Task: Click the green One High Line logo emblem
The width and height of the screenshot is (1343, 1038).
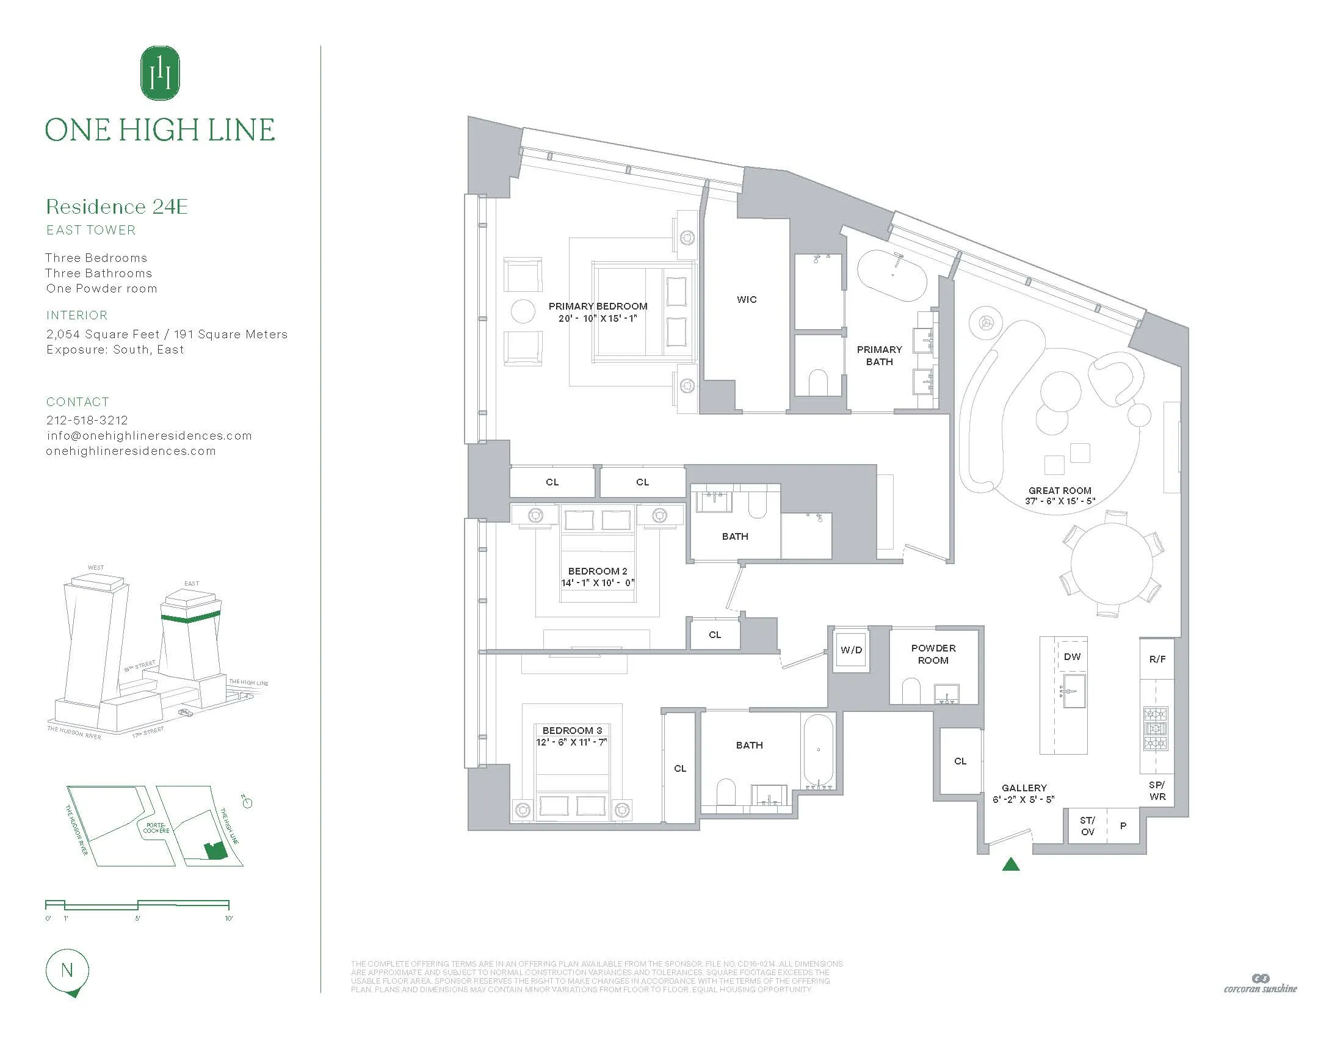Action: click(x=160, y=73)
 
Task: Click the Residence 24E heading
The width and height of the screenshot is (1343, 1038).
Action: click(x=117, y=206)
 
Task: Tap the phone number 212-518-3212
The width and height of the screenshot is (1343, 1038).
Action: click(x=87, y=420)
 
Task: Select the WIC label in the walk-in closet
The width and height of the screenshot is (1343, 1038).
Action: click(x=747, y=299)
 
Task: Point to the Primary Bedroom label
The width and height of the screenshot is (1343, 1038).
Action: click(x=598, y=307)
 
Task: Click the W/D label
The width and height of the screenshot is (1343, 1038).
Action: click(x=851, y=650)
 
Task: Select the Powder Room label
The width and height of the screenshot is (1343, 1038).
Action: click(x=933, y=655)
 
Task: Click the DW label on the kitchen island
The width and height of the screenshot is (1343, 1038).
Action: click(x=1072, y=657)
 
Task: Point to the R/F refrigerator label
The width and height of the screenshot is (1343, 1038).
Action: click(x=1157, y=659)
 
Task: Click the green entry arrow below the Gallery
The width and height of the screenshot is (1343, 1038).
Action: click(x=1011, y=865)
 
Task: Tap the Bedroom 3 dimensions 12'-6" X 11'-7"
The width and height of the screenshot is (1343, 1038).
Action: click(x=571, y=742)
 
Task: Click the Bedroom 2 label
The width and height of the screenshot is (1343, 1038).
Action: click(x=597, y=572)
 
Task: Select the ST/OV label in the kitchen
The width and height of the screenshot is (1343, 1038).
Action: click(x=1087, y=826)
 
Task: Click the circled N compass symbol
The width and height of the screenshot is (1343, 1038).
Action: click(x=67, y=970)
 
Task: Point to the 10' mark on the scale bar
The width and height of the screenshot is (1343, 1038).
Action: click(x=228, y=918)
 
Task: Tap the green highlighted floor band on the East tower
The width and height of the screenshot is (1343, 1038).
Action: click(x=190, y=618)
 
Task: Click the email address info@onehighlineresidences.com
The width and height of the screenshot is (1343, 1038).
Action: click(x=150, y=435)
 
